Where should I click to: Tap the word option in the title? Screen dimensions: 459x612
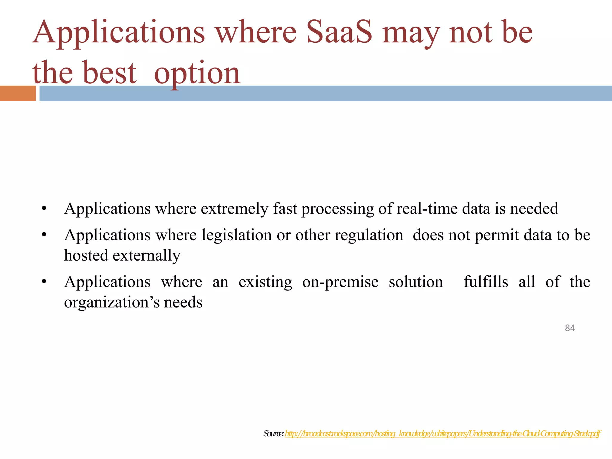(x=197, y=73)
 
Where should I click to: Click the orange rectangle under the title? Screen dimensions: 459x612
(x=18, y=93)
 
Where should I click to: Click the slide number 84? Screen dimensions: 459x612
(x=570, y=328)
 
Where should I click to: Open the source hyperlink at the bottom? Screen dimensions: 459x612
(x=442, y=433)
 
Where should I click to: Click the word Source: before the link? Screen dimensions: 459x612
(x=273, y=434)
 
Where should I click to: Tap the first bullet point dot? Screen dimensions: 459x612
(x=44, y=208)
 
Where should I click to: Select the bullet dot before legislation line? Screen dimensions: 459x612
(x=44, y=235)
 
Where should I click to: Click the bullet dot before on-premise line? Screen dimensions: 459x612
(x=44, y=281)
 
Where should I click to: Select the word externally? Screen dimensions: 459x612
(x=146, y=255)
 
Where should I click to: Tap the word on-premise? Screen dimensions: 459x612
(x=340, y=282)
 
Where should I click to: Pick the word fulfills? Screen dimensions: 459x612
(x=486, y=282)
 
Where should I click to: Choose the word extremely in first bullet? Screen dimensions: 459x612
(x=234, y=209)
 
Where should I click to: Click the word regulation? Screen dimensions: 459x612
(x=369, y=235)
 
